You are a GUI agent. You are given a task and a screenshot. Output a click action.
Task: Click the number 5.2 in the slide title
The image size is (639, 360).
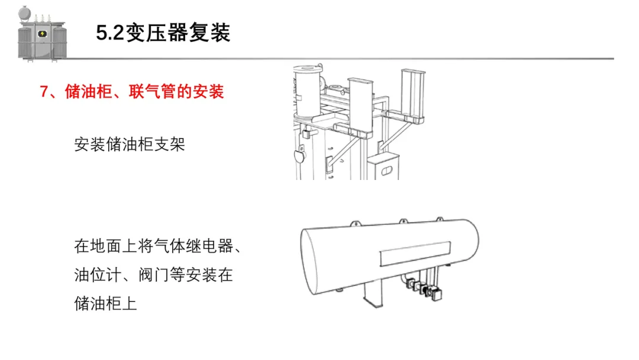(x=111, y=33)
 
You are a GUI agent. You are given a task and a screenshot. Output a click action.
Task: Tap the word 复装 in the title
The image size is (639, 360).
(x=210, y=33)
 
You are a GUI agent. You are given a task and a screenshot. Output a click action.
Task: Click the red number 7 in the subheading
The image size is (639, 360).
(x=44, y=92)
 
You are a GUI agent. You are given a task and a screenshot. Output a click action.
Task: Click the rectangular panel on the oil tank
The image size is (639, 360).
(x=415, y=256)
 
